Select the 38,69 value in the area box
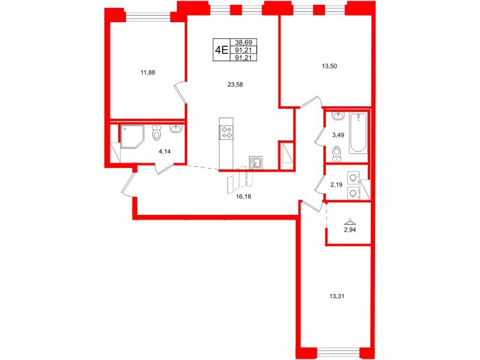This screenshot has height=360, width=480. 244,43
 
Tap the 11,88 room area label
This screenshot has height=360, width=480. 148,73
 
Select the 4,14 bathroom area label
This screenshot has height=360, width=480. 163,152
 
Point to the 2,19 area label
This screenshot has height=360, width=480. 336,185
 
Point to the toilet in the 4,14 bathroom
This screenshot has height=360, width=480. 157,133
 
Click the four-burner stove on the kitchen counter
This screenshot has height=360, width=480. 227,131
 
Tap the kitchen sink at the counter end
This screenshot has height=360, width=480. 254,161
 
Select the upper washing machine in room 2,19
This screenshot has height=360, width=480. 352,178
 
